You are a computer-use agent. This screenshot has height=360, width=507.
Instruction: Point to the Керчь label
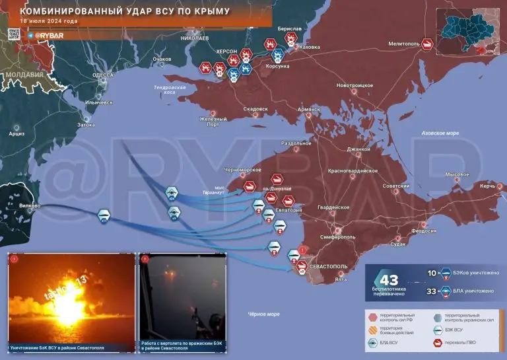click(x=487, y=186)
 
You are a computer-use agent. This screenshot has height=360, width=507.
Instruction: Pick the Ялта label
click(x=341, y=279)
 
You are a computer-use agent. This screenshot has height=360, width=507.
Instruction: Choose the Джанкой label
click(x=358, y=149)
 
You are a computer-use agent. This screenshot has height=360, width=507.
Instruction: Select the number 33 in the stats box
click(x=432, y=291)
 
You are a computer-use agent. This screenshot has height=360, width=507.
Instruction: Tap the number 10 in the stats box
click(x=432, y=273)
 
